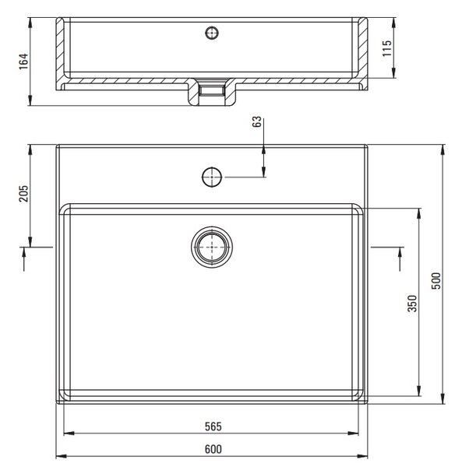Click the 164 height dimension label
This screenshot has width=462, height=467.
23,61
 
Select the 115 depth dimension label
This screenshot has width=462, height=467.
387,48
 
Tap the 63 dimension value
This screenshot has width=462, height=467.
256,121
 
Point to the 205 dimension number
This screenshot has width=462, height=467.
23,194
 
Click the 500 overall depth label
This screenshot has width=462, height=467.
436,280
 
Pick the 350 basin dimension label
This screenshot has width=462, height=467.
412,304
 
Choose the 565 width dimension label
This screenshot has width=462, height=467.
213,427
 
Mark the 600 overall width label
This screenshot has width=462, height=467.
213,449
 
